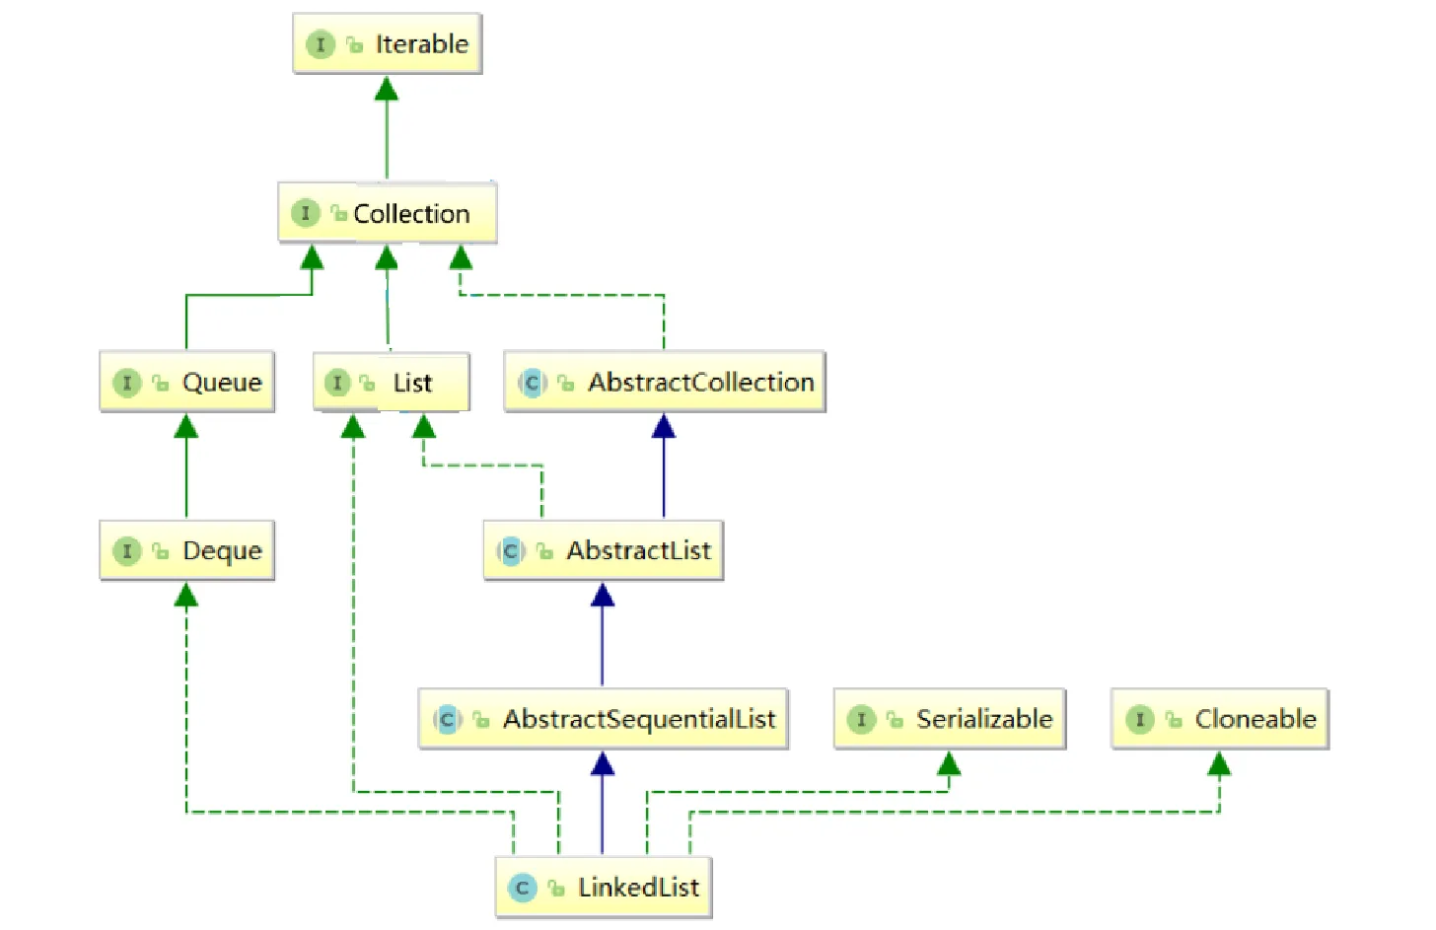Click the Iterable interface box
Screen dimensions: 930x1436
(387, 43)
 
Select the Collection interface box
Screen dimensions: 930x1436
(387, 213)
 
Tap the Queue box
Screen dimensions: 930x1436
(186, 382)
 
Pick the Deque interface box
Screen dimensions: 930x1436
(186, 550)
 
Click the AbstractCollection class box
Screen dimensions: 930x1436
(664, 382)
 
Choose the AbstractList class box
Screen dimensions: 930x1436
(603, 550)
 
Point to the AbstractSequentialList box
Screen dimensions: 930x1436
(603, 719)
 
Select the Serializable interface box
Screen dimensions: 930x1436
(949, 719)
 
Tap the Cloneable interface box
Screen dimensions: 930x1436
(1219, 719)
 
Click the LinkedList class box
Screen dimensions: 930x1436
(603, 888)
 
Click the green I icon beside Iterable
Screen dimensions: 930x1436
(320, 44)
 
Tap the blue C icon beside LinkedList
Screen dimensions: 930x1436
(522, 888)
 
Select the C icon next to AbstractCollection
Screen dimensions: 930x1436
(532, 383)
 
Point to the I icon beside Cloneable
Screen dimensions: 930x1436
(1139, 719)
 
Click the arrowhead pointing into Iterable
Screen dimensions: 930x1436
(387, 89)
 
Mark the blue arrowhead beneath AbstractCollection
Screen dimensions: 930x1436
(664, 427)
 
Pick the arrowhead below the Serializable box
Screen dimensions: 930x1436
(949, 763)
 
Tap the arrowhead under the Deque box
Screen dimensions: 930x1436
(186, 595)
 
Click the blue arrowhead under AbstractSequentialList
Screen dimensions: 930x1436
(603, 763)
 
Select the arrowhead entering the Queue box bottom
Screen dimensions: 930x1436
(186, 426)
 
